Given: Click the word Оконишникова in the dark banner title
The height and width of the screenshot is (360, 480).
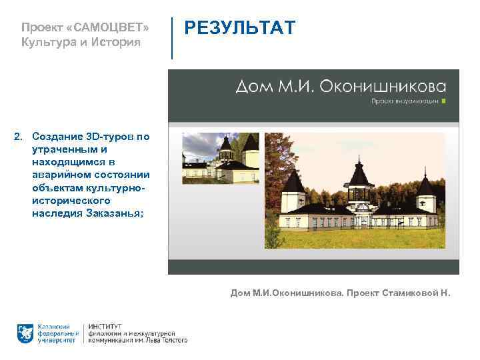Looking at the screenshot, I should click(x=384, y=87).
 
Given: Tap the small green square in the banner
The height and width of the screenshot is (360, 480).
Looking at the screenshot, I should click(x=444, y=102).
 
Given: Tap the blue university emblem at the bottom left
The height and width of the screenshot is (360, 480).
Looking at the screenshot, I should click(x=25, y=331).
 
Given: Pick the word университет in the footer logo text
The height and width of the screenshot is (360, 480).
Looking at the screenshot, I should click(x=56, y=339).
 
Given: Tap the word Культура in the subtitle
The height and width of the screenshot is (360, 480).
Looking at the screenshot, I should click(x=47, y=43).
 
